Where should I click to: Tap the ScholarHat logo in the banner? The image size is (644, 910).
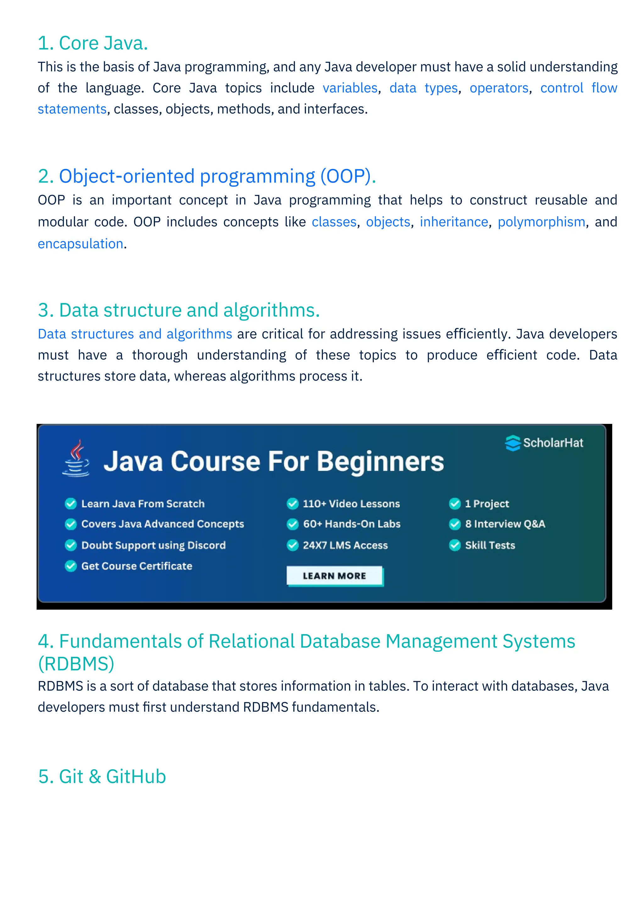coord(544,443)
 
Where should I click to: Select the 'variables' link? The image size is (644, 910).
coord(350,88)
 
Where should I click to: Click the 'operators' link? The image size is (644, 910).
coord(499,88)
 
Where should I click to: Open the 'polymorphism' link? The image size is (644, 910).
coord(541,222)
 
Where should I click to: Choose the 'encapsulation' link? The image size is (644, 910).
coord(80,244)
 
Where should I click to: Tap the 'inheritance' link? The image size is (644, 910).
coord(454,222)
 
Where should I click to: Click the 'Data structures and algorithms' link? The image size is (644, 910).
coord(135,334)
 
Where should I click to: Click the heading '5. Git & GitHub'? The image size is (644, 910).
coord(102,776)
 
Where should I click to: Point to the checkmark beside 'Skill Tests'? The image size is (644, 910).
coord(454,545)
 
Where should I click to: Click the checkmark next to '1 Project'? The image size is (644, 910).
coord(454,504)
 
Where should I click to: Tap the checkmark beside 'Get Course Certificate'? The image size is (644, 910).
coord(70,566)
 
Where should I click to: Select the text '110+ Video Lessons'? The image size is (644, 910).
coord(351,504)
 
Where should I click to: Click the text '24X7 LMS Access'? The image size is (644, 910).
coord(345,545)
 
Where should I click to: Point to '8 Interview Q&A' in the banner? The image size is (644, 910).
coord(505,524)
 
